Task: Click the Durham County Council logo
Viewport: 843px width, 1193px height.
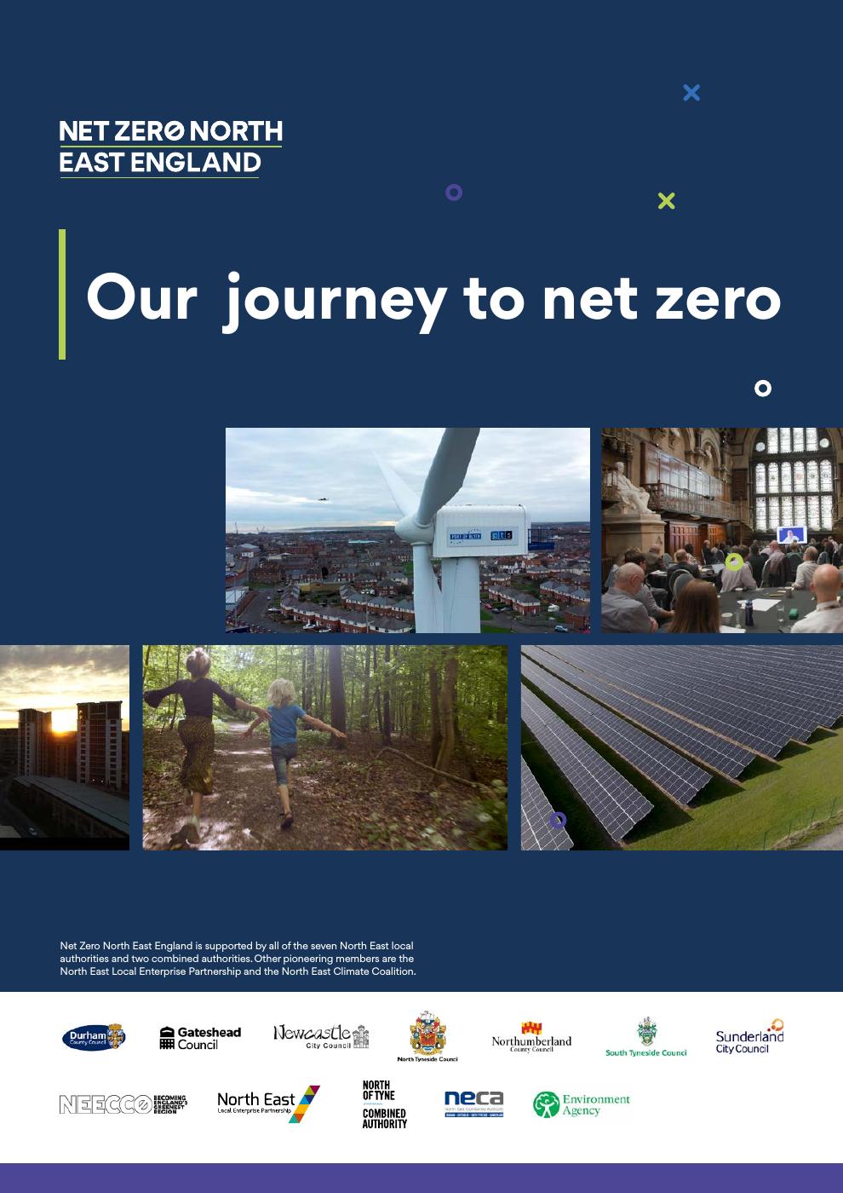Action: pyautogui.click(x=94, y=1037)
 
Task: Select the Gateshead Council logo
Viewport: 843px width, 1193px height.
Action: pyautogui.click(x=200, y=1037)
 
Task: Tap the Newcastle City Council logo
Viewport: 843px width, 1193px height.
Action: pyautogui.click(x=321, y=1035)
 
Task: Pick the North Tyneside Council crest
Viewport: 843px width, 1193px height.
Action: pyautogui.click(x=427, y=1035)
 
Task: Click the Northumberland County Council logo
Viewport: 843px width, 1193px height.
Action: pyautogui.click(x=531, y=1037)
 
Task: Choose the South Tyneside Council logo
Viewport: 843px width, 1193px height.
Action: pyautogui.click(x=646, y=1037)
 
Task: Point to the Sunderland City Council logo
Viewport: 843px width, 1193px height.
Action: pyautogui.click(x=749, y=1036)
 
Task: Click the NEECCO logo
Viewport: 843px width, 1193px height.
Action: pyautogui.click(x=123, y=1104)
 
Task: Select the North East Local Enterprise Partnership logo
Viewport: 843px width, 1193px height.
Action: pyautogui.click(x=268, y=1104)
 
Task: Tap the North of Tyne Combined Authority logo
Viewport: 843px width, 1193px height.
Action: pyautogui.click(x=384, y=1104)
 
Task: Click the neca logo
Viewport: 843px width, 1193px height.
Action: pyautogui.click(x=473, y=1104)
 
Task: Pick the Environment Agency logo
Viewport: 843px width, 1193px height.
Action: pyautogui.click(x=582, y=1104)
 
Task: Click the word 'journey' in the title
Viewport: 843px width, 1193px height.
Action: pyautogui.click(x=335, y=300)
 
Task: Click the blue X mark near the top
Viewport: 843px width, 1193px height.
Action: pyautogui.click(x=691, y=92)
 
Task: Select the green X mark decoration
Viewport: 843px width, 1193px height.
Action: pyautogui.click(x=667, y=200)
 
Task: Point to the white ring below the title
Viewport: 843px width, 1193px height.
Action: pyautogui.click(x=763, y=389)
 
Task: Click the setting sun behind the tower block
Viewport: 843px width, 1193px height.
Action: pyautogui.click(x=64, y=723)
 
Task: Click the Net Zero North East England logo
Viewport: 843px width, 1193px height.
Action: pyautogui.click(x=170, y=147)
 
